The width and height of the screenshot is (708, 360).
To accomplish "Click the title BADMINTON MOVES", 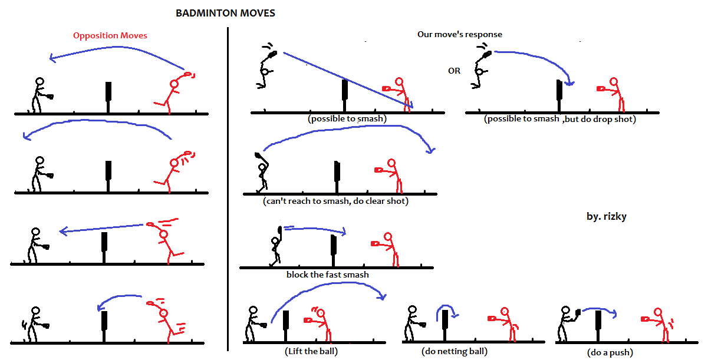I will click(225, 13).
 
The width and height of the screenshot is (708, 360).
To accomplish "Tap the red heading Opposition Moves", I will click(110, 35).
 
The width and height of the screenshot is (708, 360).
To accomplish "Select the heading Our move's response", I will click(460, 34).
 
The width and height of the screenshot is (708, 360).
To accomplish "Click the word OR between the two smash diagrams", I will click(454, 71).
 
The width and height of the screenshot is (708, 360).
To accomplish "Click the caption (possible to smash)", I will click(347, 118).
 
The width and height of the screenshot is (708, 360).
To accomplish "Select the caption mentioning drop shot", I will click(560, 119).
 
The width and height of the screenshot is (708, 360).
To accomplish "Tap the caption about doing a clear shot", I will click(336, 201).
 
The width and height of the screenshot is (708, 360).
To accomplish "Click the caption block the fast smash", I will click(327, 275).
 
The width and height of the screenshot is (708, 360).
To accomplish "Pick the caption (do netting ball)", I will click(455, 352).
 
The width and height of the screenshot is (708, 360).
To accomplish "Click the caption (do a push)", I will click(610, 352).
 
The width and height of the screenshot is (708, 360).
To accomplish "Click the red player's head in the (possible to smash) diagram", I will click(400, 82).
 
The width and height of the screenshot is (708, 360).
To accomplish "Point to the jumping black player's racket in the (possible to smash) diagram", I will click(272, 55).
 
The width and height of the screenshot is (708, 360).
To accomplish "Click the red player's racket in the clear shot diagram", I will click(380, 170).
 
